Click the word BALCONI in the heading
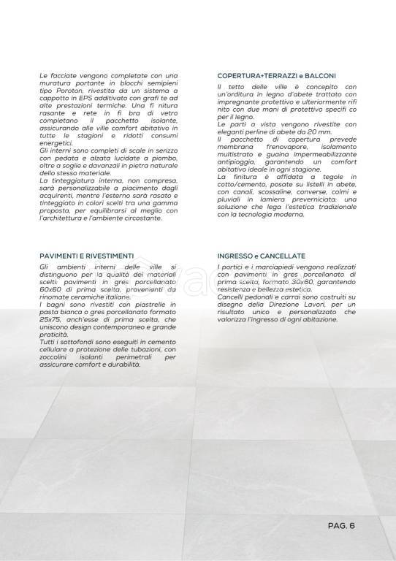pos(319,76)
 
